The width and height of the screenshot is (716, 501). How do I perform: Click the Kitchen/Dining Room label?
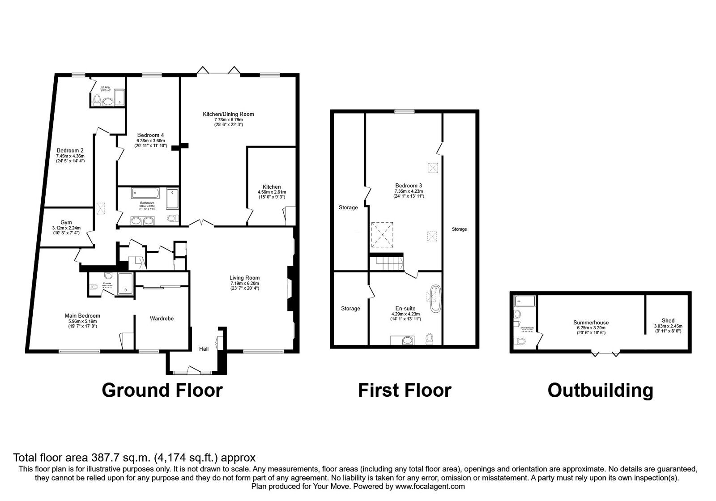pos(228,114)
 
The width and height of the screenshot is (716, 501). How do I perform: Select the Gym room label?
pos(66,222)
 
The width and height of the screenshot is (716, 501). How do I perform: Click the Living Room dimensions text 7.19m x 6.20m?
pos(245,283)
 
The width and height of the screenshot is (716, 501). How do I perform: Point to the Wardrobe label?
pos(162,318)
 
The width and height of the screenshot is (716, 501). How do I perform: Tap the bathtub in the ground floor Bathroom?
pos(145,193)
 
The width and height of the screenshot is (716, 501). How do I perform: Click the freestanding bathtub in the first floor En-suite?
pos(435,298)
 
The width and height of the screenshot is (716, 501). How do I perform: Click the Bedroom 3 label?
pos(408,185)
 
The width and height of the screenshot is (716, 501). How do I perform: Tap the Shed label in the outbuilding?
pos(668,320)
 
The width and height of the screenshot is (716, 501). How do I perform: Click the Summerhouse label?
pos(591,323)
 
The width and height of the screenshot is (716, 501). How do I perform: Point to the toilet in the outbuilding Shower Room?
pos(520,341)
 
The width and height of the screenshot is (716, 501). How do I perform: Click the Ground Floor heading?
pos(162,390)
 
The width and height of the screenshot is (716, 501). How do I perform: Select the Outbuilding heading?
pos(600,390)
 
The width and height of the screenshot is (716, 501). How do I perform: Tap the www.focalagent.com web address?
pos(430,486)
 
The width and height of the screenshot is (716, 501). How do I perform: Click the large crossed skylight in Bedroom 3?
pos(382,234)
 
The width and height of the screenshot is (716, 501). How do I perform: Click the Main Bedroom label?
pos(82,316)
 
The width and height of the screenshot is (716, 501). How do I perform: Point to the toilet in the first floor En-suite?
pos(430,339)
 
